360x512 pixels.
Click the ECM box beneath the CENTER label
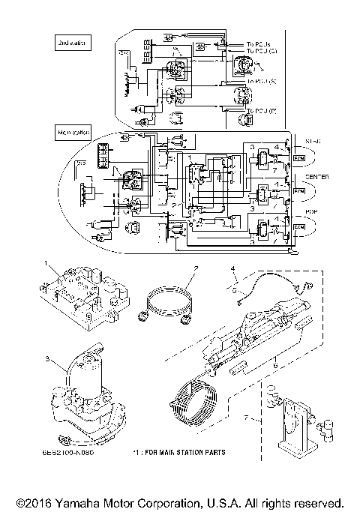(298, 193)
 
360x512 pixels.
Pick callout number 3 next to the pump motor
(47, 360)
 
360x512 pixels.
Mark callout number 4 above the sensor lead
(233, 268)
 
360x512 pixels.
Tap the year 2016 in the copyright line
(39, 502)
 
